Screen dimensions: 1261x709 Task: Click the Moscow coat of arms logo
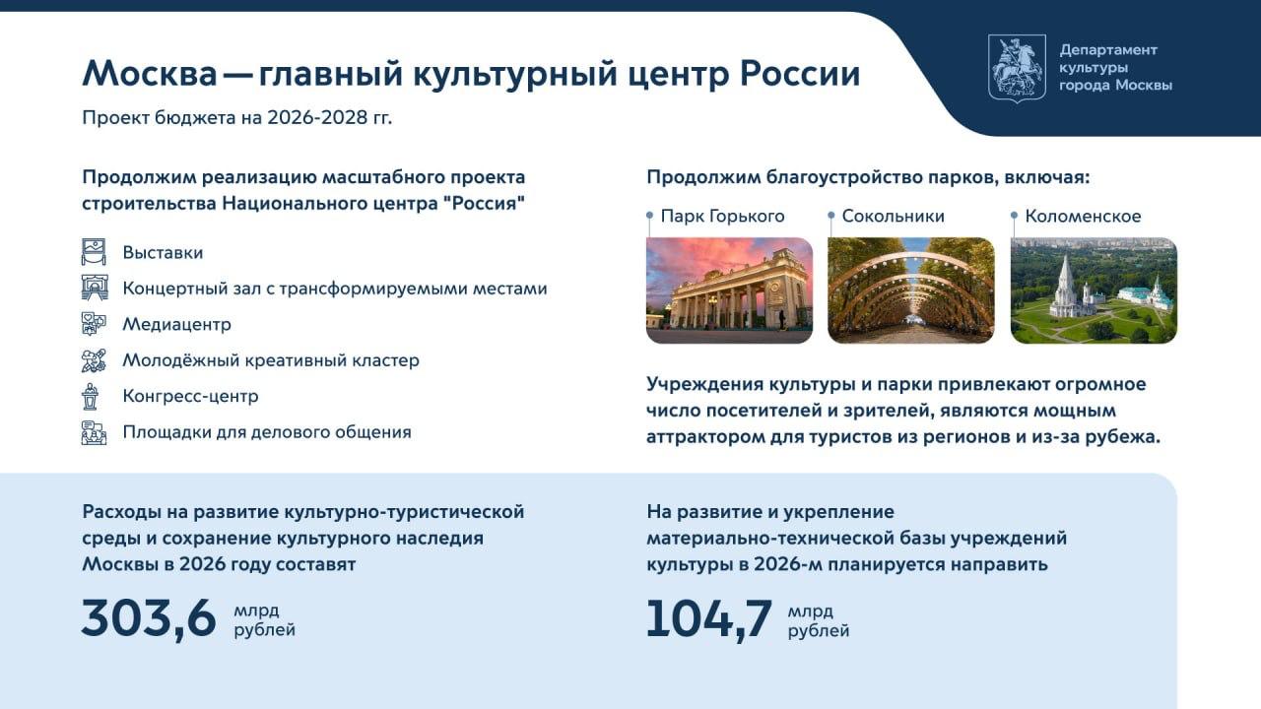tap(1018, 68)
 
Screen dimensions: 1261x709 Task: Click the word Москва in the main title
tap(150, 74)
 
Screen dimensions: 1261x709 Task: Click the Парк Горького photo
tap(730, 290)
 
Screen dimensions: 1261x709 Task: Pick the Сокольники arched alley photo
tap(911, 290)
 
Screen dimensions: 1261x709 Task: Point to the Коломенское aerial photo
tap(1094, 290)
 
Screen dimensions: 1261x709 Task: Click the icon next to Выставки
tap(94, 251)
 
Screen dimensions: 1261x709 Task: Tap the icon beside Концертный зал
tap(94, 288)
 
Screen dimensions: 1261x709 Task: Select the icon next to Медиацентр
tap(94, 324)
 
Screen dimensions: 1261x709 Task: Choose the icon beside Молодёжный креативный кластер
tap(94, 360)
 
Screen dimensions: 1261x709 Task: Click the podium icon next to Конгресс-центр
tap(90, 396)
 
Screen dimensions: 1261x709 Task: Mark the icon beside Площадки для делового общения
tap(94, 432)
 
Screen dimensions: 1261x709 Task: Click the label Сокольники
tap(894, 216)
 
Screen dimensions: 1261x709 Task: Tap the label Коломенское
tap(1083, 216)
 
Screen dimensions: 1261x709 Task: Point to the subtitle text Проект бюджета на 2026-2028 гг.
tap(237, 118)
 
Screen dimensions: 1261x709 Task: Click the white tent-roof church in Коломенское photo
tap(1065, 286)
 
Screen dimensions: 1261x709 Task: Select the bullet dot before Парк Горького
tap(649, 215)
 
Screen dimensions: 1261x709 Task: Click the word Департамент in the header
tap(1108, 50)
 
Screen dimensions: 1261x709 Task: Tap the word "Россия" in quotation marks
tap(488, 203)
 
